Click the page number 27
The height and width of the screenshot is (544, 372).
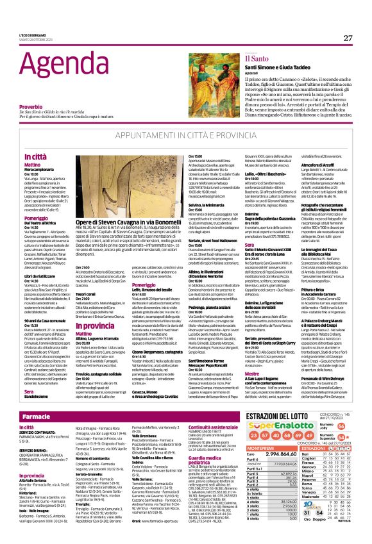click(x=347, y=38)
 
